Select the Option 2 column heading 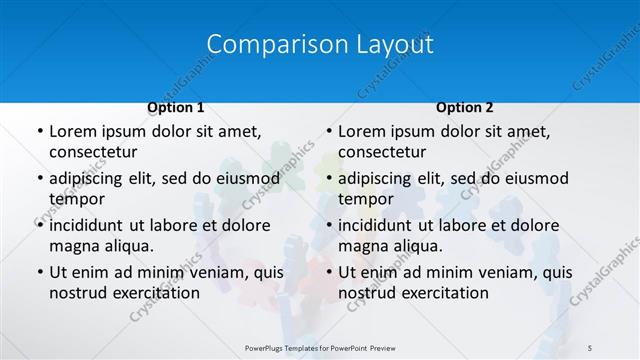coord(464,107)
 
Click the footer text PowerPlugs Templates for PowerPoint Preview coord(319,347)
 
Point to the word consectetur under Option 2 coord(382,152)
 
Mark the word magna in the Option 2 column coord(362,246)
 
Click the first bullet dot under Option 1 coord(39,132)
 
